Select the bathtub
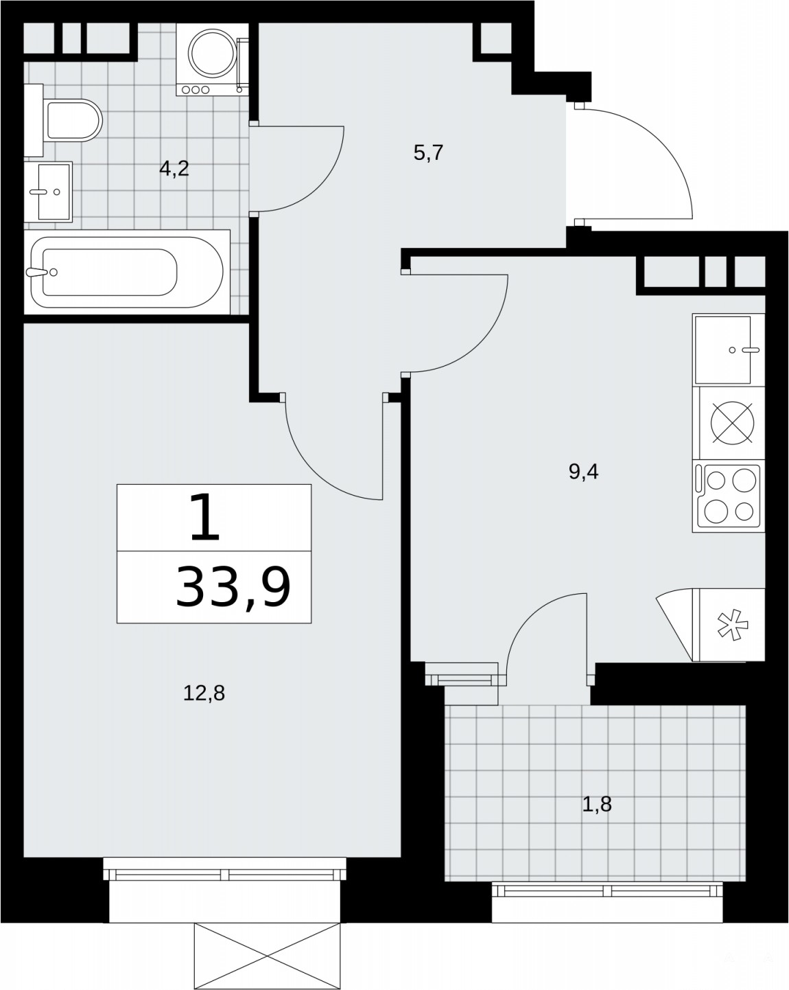pyautogui.click(x=127, y=273)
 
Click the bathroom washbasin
pyautogui.click(x=49, y=192)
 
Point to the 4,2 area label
pyautogui.click(x=174, y=169)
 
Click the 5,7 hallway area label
pyautogui.click(x=428, y=153)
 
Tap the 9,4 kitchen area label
pyautogui.click(x=583, y=472)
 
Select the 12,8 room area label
pyautogui.click(x=204, y=692)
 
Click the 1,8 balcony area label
pyautogui.click(x=597, y=805)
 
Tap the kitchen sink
pyautogui.click(x=729, y=350)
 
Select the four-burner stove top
pyautogui.click(x=729, y=496)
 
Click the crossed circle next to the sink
pyautogui.click(x=733, y=423)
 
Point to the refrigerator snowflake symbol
pyautogui.click(x=732, y=625)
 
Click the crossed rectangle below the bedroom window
pyautogui.click(x=267, y=956)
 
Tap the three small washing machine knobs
pyautogui.click(x=196, y=90)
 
